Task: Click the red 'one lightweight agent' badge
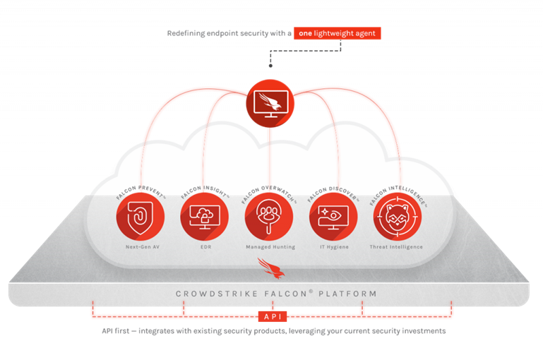337,33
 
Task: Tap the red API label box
273,316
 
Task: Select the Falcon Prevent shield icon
141,217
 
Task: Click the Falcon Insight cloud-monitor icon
205,217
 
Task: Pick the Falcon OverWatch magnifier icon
269,217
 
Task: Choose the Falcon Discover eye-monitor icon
333,217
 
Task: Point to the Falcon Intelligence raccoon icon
398,217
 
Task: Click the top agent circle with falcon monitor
270,104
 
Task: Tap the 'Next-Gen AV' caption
143,247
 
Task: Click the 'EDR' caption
205,247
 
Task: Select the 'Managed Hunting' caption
270,247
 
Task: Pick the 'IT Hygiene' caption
334,247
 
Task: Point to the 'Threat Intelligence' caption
396,247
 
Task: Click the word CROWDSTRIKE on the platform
217,294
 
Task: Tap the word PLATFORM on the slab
347,294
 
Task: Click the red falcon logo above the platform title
271,268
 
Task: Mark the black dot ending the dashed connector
270,66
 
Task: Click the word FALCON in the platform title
286,294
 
